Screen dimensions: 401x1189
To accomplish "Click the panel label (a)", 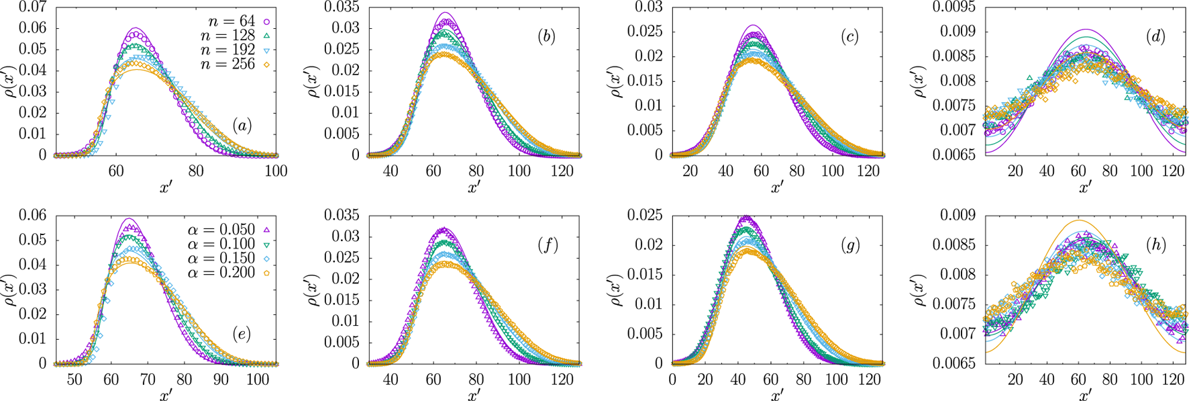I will click(242, 126).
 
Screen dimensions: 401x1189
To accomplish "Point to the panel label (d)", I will click(1155, 36).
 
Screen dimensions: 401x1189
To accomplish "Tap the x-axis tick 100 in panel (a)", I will click(276, 171).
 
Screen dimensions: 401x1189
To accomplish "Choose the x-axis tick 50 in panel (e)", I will click(74, 380).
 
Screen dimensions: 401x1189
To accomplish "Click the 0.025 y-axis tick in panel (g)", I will click(644, 216).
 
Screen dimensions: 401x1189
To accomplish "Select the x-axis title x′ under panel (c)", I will click(777, 187).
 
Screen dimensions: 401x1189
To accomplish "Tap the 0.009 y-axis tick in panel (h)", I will click(960, 216).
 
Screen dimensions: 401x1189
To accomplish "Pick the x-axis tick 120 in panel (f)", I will click(562, 380).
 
